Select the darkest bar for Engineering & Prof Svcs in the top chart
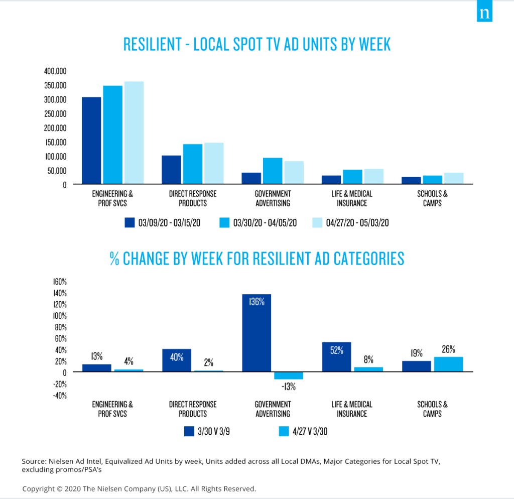coord(91,141)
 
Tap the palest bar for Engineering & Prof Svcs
coord(134,133)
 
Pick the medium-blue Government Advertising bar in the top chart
coord(273,171)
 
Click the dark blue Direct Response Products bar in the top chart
coord(172,170)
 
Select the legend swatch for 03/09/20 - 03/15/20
coord(130,222)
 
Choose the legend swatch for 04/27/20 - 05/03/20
coord(317,222)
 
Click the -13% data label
coord(289,387)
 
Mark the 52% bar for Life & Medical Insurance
coord(336,357)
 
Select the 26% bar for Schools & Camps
coord(449,364)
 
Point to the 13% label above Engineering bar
coord(97,356)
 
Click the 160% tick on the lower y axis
coord(60,282)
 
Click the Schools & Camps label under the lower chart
coord(432,409)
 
